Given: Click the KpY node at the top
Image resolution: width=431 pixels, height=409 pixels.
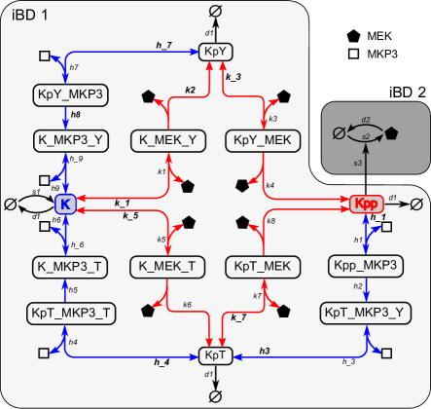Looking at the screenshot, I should (216, 53).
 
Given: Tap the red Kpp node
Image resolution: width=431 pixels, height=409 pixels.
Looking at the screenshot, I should (364, 204).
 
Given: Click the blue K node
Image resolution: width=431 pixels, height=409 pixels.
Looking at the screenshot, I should (65, 204).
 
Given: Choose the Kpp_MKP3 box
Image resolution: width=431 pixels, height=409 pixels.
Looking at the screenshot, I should (365, 265).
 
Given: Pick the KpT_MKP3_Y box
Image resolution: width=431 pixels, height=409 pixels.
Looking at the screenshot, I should (365, 312).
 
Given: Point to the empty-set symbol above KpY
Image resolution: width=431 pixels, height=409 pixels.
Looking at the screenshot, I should (216, 11).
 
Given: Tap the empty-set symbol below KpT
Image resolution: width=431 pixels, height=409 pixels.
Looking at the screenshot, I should (216, 395).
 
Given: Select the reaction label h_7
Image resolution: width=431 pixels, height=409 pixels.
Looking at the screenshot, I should (163, 44).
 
